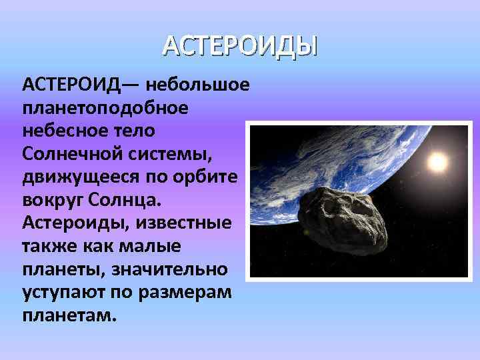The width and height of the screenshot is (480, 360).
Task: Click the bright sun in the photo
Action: [437, 161]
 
